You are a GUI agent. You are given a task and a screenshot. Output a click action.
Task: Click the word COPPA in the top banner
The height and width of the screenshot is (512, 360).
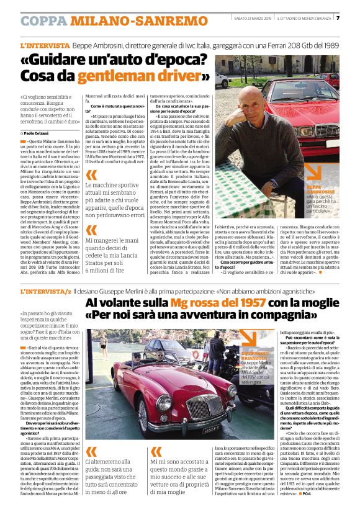click(43, 20)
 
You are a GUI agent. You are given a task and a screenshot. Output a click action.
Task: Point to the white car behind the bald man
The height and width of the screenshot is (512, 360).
click(222, 80)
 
